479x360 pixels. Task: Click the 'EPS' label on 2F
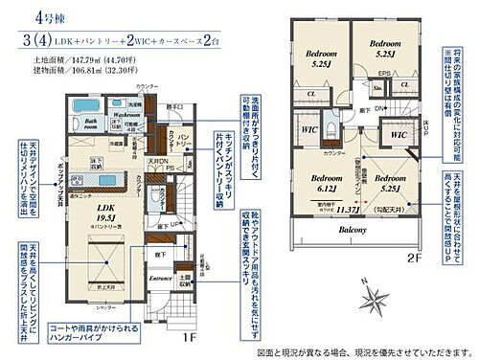[x=383, y=73]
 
